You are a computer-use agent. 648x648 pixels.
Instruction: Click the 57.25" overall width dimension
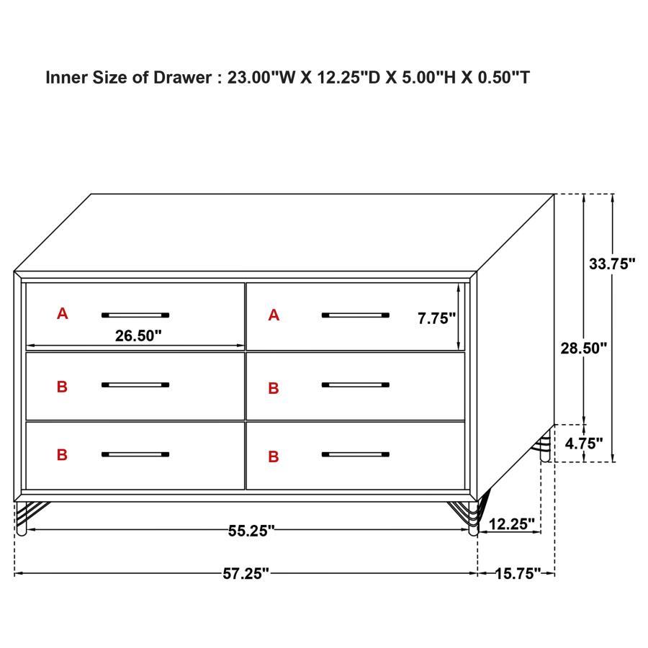pyautogui.click(x=246, y=573)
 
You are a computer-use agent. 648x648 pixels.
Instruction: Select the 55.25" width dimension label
pyautogui.click(x=251, y=531)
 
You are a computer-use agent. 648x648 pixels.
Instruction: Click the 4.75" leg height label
pyautogui.click(x=583, y=444)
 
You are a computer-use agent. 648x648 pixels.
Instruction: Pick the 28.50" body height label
pyautogui.click(x=584, y=348)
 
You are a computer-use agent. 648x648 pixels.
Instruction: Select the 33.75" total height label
pyautogui.click(x=611, y=264)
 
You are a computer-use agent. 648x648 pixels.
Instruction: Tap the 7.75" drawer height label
pyautogui.click(x=436, y=319)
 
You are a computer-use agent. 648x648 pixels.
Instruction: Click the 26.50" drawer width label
pyautogui.click(x=138, y=335)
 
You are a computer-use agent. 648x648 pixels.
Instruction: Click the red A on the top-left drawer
pyautogui.click(x=63, y=314)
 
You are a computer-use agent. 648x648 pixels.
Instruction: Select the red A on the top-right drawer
pyautogui.click(x=274, y=315)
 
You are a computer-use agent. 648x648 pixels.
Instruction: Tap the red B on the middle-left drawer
pyautogui.click(x=63, y=387)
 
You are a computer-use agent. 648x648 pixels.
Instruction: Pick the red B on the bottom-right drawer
pyautogui.click(x=274, y=456)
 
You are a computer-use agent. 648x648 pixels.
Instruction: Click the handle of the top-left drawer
pyautogui.click(x=135, y=315)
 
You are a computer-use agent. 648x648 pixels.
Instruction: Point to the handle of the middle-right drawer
pyautogui.click(x=355, y=385)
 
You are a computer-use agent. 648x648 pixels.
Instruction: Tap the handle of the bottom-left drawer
pyautogui.click(x=135, y=454)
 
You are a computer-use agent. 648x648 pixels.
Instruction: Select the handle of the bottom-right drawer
pyautogui.click(x=355, y=454)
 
